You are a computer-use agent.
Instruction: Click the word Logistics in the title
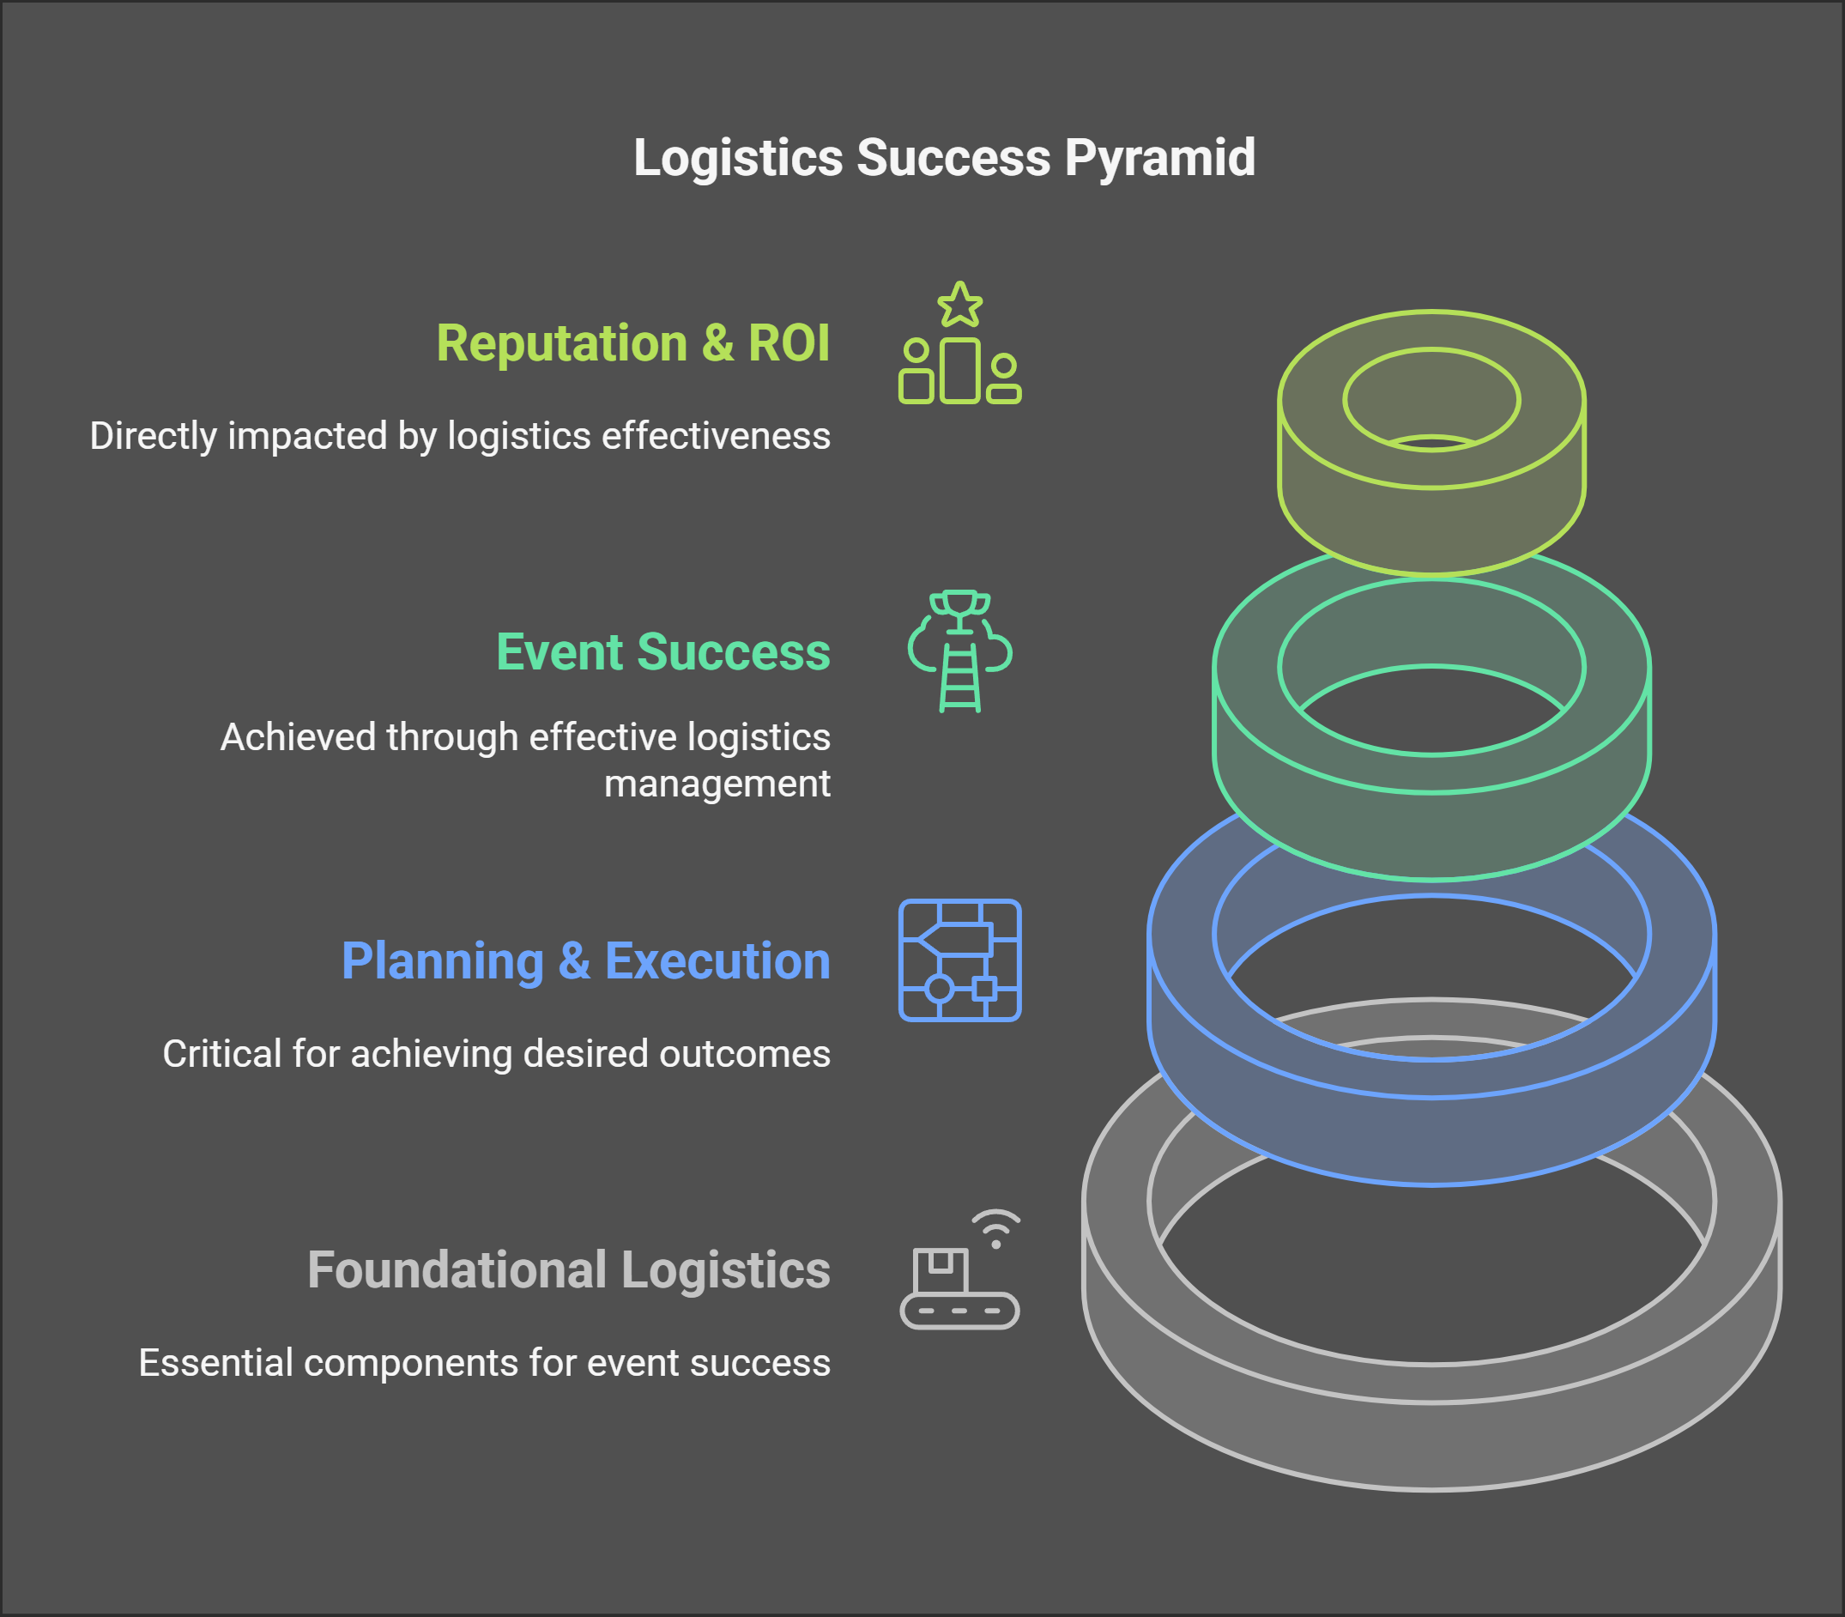click(737, 158)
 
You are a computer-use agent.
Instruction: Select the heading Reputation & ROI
click(632, 343)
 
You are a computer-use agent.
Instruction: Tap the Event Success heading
click(663, 651)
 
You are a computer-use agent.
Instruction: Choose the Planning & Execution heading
click(585, 960)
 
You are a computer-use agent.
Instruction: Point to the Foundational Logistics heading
click(568, 1269)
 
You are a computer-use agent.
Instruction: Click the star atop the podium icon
click(960, 305)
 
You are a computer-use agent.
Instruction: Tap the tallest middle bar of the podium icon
click(960, 370)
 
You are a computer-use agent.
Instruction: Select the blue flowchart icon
click(960, 960)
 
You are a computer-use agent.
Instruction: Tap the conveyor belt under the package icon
click(960, 1311)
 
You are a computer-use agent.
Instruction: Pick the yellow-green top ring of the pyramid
click(1431, 524)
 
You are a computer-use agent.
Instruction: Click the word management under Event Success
click(717, 784)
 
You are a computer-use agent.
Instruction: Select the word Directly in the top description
click(154, 436)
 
